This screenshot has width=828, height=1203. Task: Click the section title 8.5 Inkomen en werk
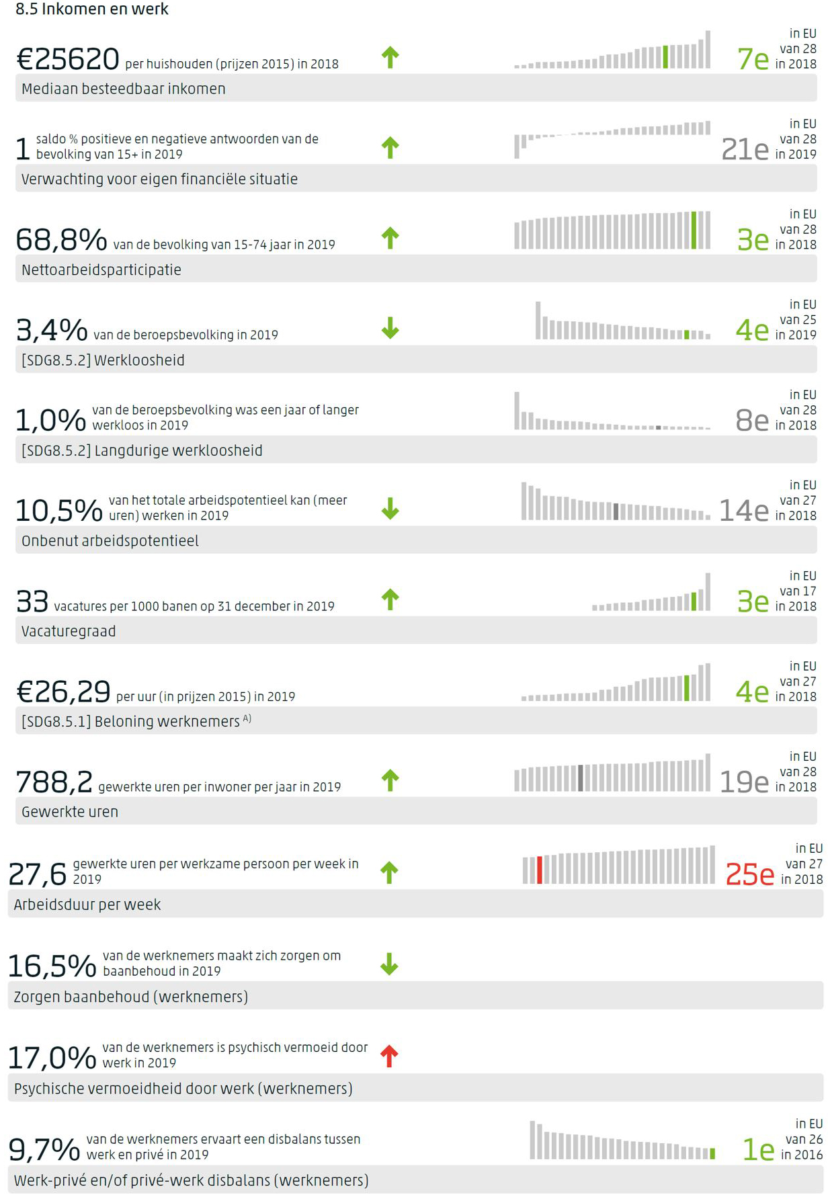(92, 9)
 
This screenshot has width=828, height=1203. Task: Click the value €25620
(68, 59)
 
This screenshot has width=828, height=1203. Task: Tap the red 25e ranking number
(749, 874)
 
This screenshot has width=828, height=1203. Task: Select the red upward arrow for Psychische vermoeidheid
(389, 1056)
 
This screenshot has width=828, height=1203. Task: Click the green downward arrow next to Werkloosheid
(390, 328)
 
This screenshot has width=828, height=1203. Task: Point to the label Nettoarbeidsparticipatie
(101, 270)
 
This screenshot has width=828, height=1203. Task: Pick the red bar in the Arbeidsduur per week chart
(540, 870)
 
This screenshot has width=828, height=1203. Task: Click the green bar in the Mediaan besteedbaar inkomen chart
(665, 57)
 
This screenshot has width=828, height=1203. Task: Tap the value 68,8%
(61, 239)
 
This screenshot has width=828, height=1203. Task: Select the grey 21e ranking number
(744, 149)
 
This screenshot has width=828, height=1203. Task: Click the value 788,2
(54, 782)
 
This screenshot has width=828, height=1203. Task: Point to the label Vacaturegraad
(69, 632)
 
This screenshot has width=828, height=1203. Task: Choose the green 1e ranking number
(758, 1150)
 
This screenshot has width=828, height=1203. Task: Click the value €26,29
(63, 692)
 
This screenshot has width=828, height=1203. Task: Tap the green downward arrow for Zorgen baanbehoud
(389, 964)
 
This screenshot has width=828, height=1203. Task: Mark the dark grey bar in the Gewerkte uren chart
(581, 778)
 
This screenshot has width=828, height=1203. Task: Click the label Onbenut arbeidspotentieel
(110, 541)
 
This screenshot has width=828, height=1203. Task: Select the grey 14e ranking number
(743, 511)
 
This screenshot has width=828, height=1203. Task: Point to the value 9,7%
(44, 1150)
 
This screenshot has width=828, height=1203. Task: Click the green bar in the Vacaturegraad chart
(694, 601)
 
